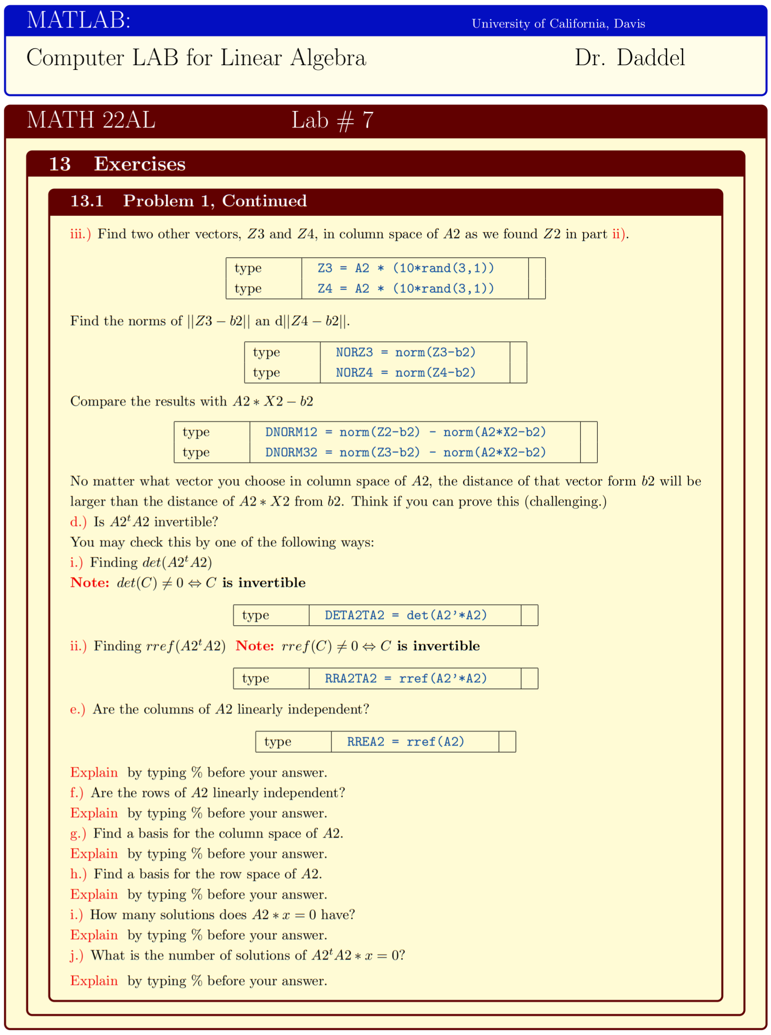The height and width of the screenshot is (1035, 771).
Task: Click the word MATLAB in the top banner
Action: click(x=78, y=20)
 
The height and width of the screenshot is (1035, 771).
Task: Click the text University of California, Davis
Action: click(x=558, y=24)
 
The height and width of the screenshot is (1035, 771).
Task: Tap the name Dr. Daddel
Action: click(x=629, y=58)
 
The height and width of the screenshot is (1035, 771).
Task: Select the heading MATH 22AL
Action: click(x=91, y=120)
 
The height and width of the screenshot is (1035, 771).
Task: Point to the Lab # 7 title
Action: click(x=332, y=120)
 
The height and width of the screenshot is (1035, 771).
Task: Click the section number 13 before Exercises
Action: click(x=59, y=164)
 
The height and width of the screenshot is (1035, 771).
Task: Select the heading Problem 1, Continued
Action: click(x=214, y=201)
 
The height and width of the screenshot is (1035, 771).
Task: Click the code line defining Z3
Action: click(x=405, y=268)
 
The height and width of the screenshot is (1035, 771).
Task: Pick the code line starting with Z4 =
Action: click(x=405, y=288)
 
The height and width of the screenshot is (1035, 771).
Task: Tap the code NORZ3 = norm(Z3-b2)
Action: click(x=405, y=352)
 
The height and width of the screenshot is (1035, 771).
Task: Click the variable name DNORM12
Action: click(x=291, y=432)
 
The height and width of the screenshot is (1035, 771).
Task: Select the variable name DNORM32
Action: click(x=291, y=452)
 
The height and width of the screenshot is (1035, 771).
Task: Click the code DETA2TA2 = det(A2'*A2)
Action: click(x=405, y=615)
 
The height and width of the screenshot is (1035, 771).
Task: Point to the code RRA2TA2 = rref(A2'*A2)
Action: click(x=405, y=678)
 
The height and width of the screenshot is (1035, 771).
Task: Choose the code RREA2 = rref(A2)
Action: click(x=405, y=741)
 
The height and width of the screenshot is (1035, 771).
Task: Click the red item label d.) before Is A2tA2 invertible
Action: click(x=78, y=522)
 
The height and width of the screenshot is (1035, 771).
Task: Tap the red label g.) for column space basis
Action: click(x=78, y=833)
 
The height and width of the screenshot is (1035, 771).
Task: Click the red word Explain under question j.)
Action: click(x=94, y=981)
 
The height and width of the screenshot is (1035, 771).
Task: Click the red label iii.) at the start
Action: click(x=80, y=234)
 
